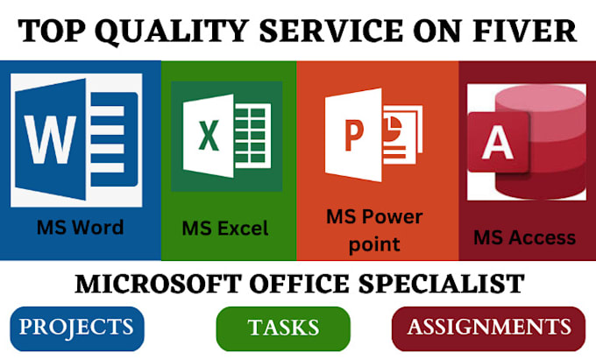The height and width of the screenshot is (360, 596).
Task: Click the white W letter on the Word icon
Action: pos(51,139)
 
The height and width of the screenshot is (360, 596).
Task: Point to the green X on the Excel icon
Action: pos(209,135)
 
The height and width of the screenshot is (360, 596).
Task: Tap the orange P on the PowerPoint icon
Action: pos(354,135)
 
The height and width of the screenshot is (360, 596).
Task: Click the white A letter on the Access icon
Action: pos(498,142)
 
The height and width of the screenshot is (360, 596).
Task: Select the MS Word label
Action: pos(81,228)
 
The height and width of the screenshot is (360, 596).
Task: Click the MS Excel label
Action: pos(225,229)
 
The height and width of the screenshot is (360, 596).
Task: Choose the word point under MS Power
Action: pos(374,244)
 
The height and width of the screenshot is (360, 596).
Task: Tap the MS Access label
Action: pos(524,237)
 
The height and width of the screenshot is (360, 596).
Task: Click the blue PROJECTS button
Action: pos(77,328)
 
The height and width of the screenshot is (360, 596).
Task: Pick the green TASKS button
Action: pos(283,328)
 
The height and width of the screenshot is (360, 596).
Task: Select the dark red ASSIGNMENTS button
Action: pos(488,328)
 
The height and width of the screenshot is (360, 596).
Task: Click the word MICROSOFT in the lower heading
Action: pos(158,284)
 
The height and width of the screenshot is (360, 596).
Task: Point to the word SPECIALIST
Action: pos(442,284)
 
